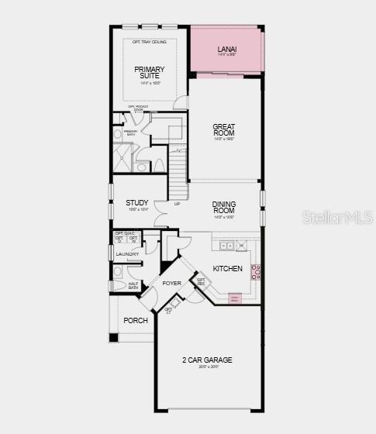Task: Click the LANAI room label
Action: point(226,49)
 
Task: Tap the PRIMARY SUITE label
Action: point(149,73)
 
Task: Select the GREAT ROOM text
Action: point(224,129)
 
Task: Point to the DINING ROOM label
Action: point(224,208)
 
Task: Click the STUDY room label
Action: point(137,203)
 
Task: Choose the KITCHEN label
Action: point(227,269)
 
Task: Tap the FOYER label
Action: point(171,284)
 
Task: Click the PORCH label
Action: point(136,320)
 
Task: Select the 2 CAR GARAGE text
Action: point(207,360)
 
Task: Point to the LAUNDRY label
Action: point(127,254)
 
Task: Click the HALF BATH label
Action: point(133,285)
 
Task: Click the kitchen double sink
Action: point(227,246)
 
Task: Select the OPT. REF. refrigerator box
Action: point(201,281)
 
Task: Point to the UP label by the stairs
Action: point(177,205)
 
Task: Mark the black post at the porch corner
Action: point(114,337)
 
